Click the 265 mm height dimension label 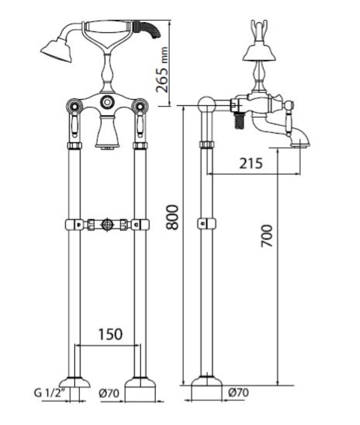point(162,70)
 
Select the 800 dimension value point(172,217)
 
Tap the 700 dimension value point(266,236)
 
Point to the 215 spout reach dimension point(251,163)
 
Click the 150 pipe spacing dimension point(110,334)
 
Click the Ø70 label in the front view point(109,393)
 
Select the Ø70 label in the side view point(238,392)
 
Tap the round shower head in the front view point(57,51)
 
